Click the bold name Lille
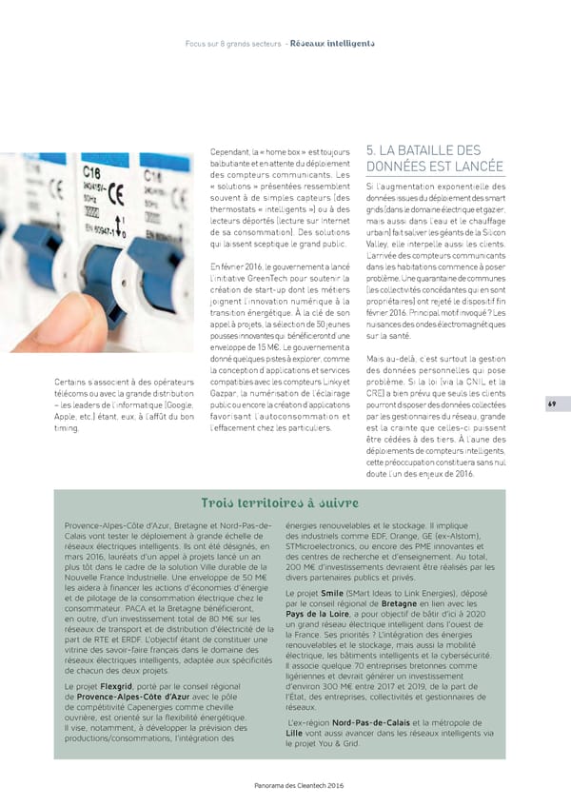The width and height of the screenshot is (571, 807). [x=295, y=735]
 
